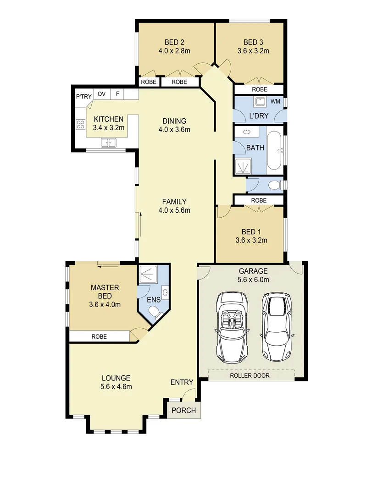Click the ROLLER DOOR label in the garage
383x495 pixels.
[x=250, y=375]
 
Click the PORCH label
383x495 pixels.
[x=183, y=410]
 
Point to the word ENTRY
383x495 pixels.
[x=182, y=383]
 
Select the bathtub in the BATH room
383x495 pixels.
[x=274, y=151]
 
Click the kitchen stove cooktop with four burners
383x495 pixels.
[x=81, y=125]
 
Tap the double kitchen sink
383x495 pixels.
[x=109, y=143]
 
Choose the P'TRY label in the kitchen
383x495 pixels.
[x=84, y=96]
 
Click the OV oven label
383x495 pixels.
[x=102, y=94]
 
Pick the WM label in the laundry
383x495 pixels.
[x=275, y=100]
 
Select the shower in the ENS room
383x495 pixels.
[x=148, y=274]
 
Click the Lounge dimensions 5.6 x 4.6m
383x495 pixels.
[x=116, y=386]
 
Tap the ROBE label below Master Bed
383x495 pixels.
[x=99, y=336]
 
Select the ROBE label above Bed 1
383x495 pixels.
[x=259, y=200]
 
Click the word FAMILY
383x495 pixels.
[x=174, y=202]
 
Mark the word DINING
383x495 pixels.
[x=174, y=121]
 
